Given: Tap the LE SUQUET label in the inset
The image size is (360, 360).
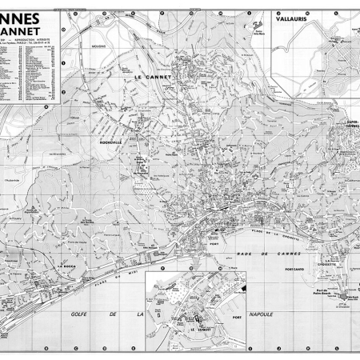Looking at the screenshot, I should tap(198, 329).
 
